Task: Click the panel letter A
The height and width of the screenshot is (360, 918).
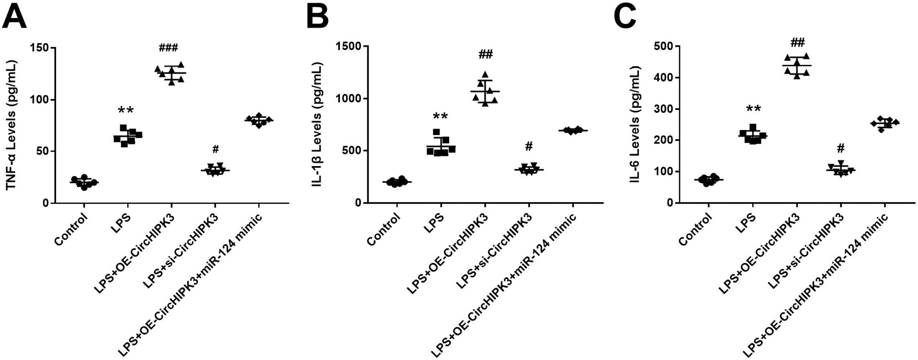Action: [14, 16]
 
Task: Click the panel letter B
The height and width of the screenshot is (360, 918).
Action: [317, 16]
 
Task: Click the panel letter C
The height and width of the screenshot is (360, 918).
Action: [625, 16]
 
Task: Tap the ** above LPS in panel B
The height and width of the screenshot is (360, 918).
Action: [440, 117]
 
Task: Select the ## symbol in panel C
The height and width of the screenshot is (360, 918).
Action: [797, 43]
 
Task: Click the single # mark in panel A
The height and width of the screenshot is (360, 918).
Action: [215, 149]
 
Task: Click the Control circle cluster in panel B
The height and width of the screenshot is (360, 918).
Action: [397, 182]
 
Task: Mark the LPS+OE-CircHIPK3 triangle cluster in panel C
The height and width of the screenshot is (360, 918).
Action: [797, 65]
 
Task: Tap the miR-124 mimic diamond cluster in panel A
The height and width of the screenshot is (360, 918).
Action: [258, 120]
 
